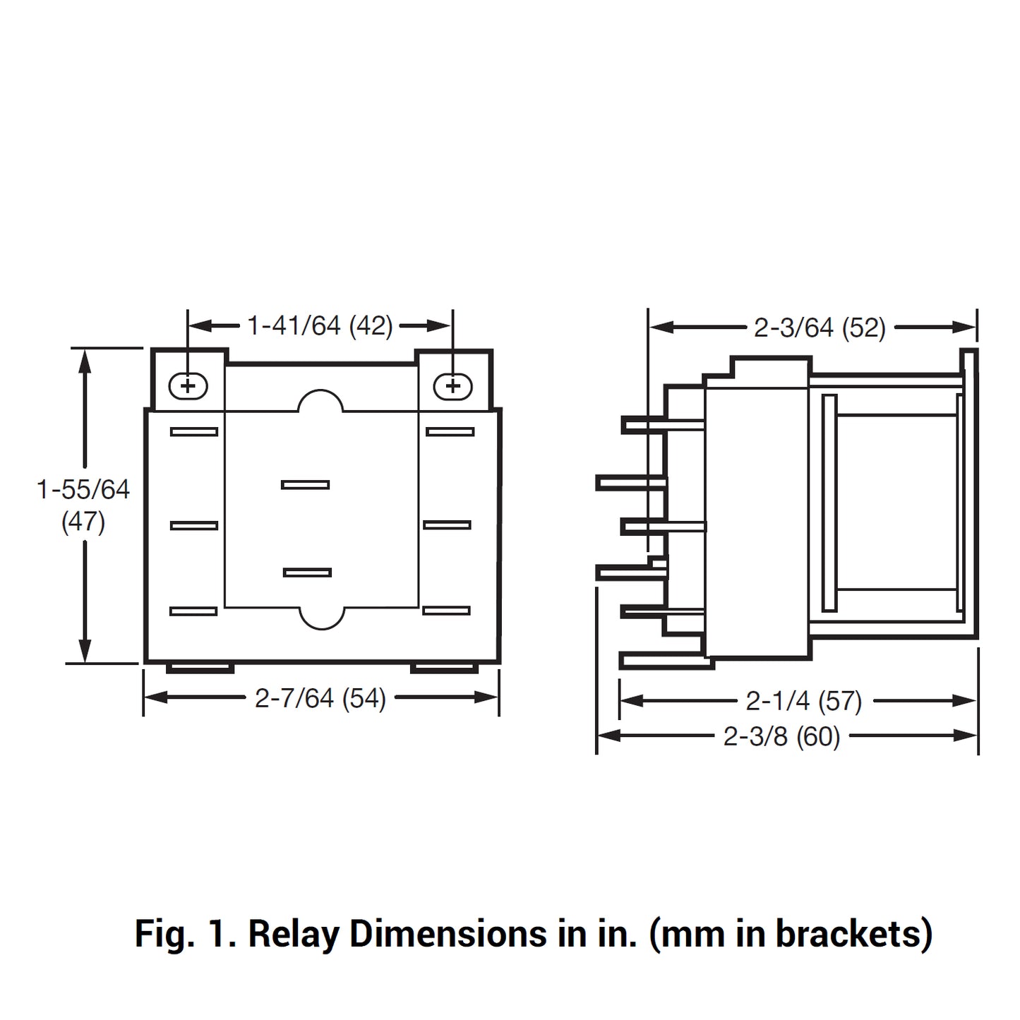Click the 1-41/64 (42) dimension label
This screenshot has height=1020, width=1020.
pos(320,326)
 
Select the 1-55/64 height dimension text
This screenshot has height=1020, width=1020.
pos(83,489)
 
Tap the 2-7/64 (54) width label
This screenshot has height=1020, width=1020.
pos(320,698)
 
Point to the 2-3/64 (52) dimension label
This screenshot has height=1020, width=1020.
pos(820,328)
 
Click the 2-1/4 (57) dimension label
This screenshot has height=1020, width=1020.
pos(804,701)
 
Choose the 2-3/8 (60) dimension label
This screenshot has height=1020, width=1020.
pos(781,736)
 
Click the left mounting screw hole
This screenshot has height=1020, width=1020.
pos(188,386)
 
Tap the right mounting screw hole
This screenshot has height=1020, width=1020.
pos(452,386)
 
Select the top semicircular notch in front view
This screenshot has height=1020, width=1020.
pos(320,401)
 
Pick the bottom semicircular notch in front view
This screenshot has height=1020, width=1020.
pos(322,618)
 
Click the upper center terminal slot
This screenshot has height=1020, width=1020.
pos(305,485)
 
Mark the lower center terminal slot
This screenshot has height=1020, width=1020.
pos(307,572)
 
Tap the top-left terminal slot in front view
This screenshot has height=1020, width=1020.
pos(194,432)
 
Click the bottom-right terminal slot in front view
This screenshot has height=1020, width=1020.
pos(447,611)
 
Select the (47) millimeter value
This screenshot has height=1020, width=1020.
pos(83,522)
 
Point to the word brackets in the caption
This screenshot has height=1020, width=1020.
pos(854,934)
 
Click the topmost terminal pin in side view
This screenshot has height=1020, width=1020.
pos(661,425)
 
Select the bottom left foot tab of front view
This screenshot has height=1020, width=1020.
pos(200,668)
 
